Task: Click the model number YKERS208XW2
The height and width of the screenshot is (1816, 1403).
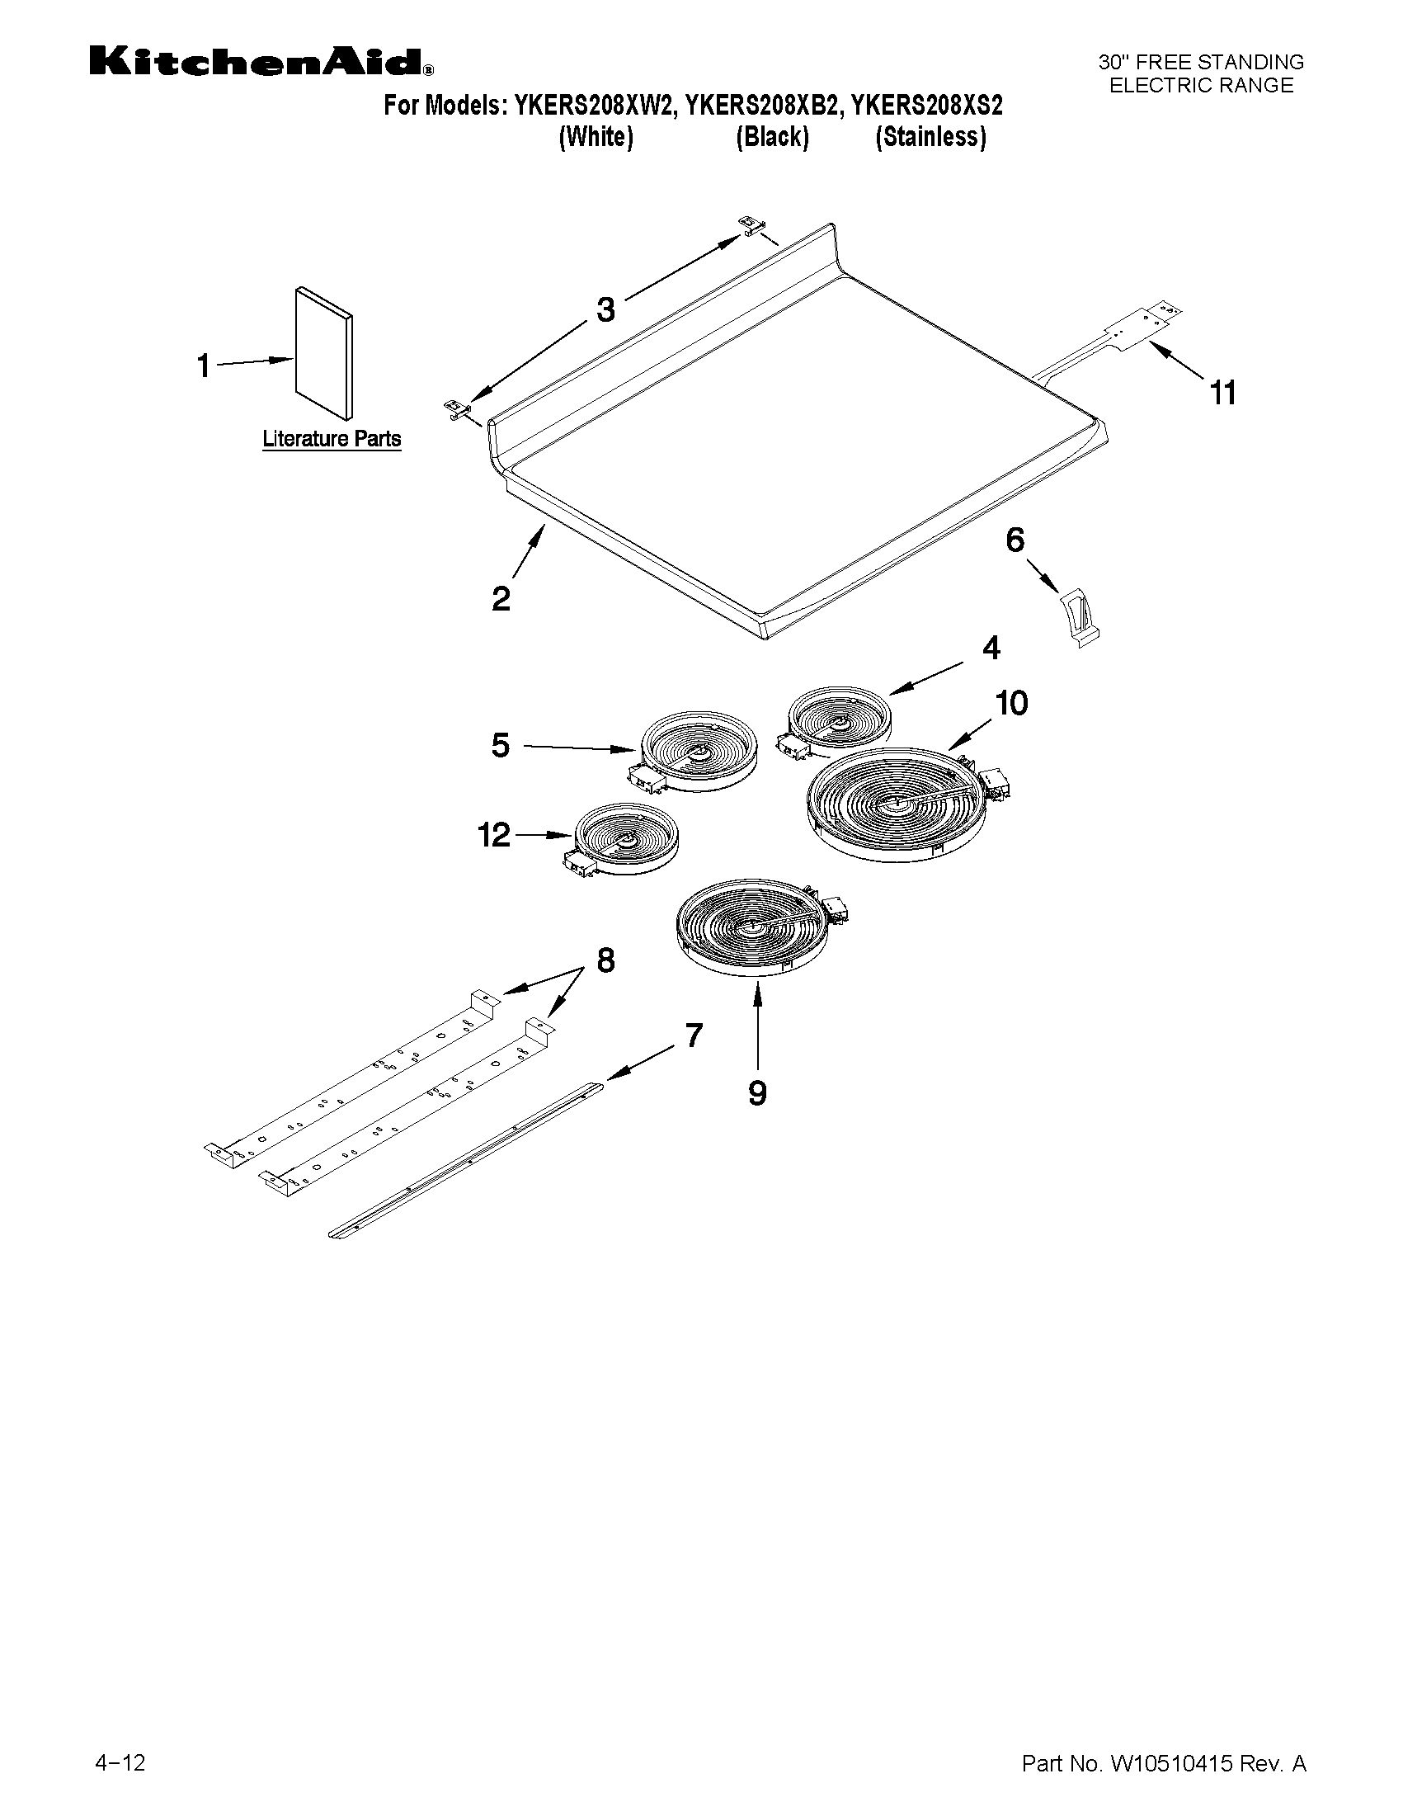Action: point(588,106)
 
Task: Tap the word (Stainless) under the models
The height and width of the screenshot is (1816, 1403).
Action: point(930,137)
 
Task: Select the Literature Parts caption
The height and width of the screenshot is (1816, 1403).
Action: point(332,438)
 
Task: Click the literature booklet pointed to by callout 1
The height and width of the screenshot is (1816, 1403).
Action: point(323,353)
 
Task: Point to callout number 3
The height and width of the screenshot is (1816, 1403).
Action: point(606,310)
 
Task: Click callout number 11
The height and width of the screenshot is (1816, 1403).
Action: point(1222,392)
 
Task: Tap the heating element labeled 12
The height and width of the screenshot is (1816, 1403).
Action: point(624,838)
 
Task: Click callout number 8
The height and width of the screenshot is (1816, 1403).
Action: point(606,960)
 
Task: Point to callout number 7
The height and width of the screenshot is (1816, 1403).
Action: point(694,1036)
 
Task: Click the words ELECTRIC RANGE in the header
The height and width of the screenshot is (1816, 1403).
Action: point(1201,86)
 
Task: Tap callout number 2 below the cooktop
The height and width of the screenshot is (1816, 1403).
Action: point(501,599)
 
